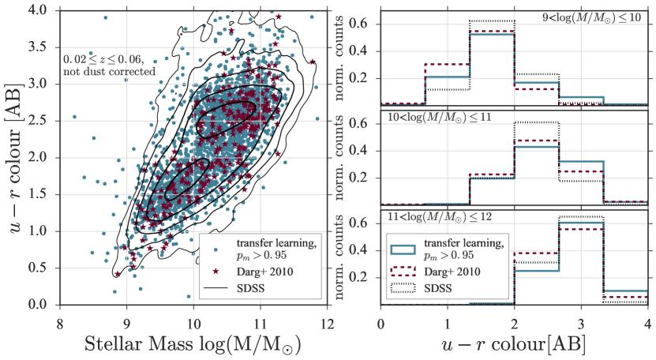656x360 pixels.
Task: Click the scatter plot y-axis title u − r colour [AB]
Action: coord(15,157)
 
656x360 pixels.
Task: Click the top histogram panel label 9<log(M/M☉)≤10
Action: coord(602,17)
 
